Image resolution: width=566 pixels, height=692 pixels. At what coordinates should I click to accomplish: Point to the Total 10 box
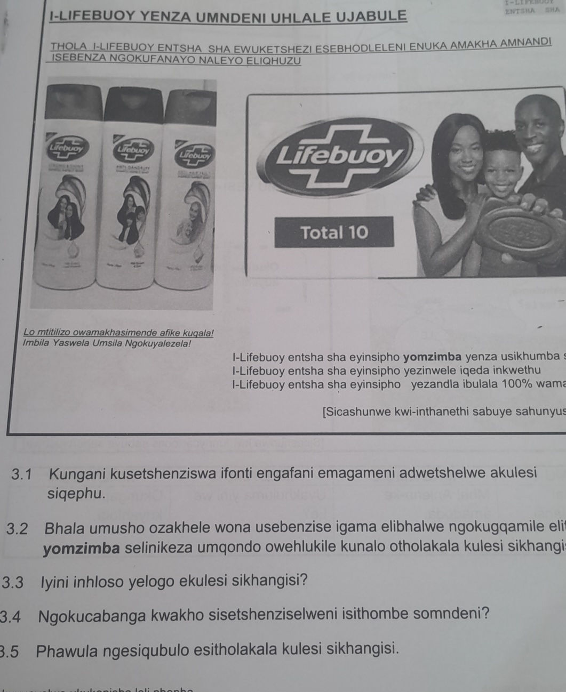tap(334, 232)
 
